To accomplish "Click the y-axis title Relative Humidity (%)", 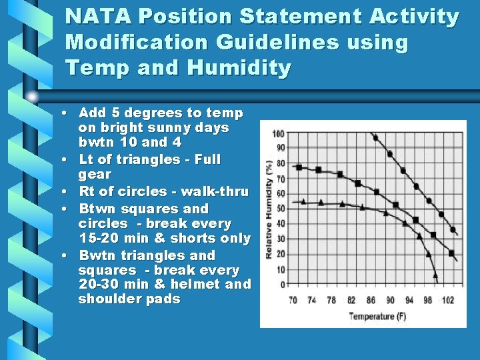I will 270,209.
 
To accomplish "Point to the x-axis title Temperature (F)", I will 377,315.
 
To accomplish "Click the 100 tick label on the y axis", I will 278,133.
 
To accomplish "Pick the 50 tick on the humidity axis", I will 280,209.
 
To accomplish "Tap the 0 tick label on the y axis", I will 283,285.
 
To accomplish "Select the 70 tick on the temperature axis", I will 293,300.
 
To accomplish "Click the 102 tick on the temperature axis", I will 447,300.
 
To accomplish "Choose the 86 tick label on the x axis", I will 370,300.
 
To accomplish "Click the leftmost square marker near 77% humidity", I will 299,167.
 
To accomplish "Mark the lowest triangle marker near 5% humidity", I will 435,274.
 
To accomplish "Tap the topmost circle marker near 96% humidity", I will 375,138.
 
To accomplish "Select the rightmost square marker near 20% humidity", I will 451,253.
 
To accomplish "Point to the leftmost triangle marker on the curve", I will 304,201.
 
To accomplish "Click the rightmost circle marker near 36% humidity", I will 453,230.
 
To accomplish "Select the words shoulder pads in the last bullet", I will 129,299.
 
